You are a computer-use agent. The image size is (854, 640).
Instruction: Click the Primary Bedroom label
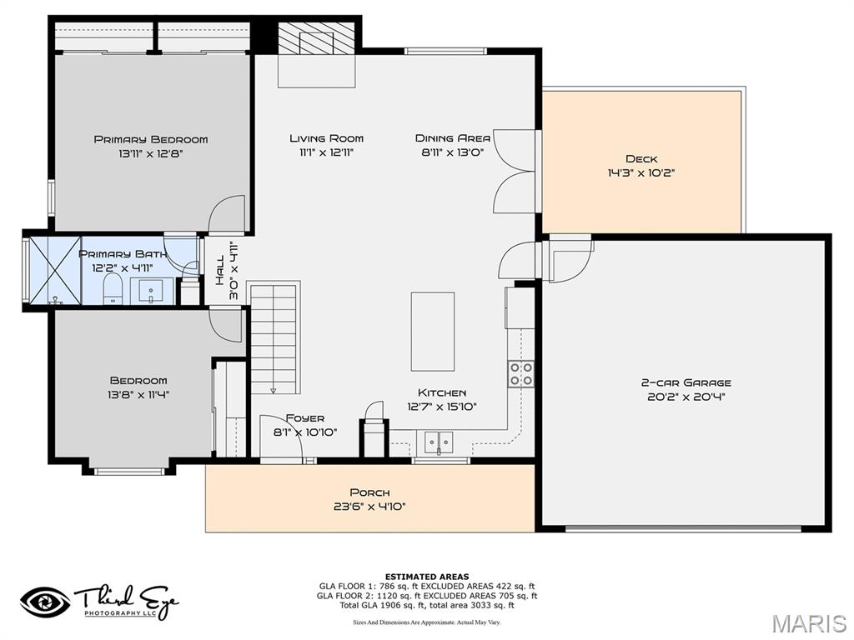[x=151, y=139]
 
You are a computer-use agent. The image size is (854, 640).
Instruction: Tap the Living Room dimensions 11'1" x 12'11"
[x=326, y=152]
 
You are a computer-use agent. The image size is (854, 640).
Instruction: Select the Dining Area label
[x=453, y=138]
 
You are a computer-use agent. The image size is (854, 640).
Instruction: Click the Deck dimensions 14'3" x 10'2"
[x=640, y=173]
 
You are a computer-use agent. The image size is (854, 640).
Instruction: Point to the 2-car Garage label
[x=686, y=382]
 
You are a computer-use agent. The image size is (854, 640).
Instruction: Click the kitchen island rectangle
[x=432, y=331]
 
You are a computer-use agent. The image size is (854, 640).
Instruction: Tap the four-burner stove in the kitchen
[x=521, y=374]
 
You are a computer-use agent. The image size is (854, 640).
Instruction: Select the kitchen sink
[x=439, y=442]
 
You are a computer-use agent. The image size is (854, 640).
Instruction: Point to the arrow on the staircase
[x=273, y=388]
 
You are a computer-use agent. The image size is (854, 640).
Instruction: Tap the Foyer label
[x=305, y=418]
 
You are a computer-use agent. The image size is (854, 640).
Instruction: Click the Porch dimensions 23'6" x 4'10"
[x=369, y=507]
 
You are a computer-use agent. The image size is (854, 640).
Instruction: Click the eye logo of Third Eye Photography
[x=45, y=602]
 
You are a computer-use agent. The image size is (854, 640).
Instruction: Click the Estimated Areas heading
[x=426, y=577]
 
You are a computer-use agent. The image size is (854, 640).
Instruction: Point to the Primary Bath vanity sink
[x=151, y=292]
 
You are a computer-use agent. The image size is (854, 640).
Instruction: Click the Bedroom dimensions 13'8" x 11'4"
[x=138, y=395]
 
